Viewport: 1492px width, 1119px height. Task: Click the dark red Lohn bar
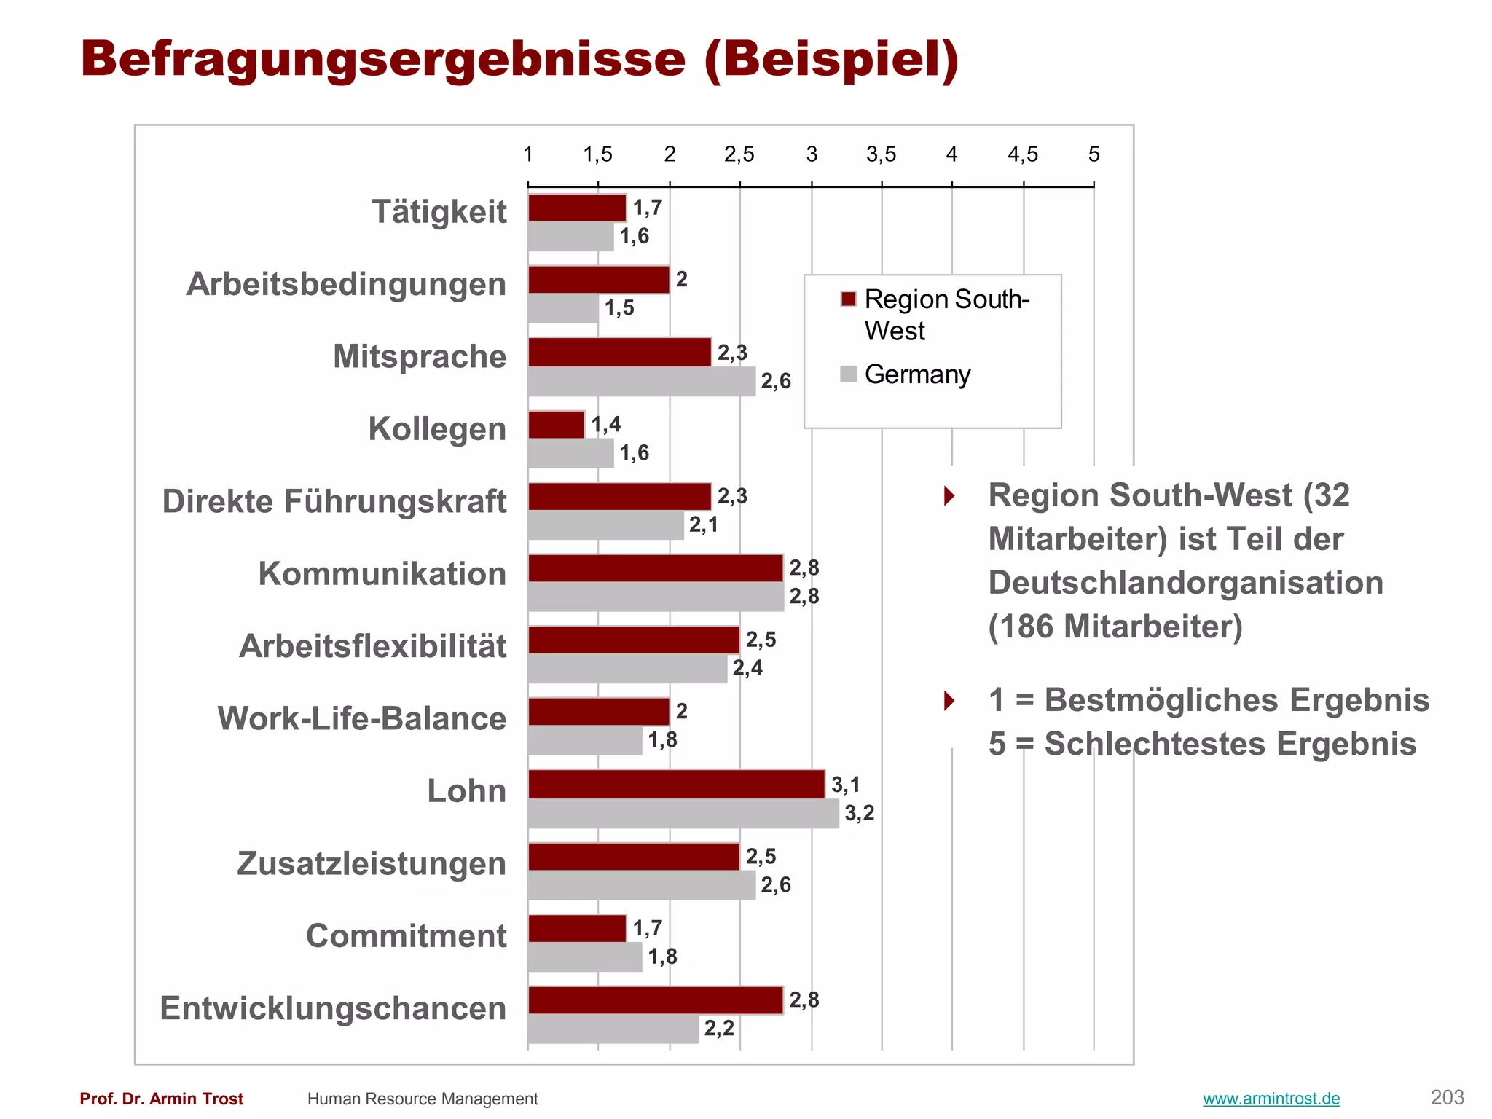pos(676,784)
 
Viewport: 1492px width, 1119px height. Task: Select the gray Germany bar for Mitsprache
pos(641,382)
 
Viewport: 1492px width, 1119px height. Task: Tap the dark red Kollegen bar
pos(556,425)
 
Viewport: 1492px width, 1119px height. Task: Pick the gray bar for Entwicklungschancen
pos(613,1029)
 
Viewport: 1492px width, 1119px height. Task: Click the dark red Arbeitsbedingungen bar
pos(598,280)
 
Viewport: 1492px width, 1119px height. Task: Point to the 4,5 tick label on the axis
pos(1023,154)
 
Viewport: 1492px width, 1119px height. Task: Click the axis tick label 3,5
pos(881,154)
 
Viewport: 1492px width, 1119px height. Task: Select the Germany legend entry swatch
pos(848,374)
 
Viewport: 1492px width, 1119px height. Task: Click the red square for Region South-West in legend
pos(848,299)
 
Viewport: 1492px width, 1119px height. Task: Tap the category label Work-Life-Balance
pos(361,718)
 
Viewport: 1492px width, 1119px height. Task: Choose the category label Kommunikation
pos(382,573)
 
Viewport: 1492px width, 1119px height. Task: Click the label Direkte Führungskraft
pos(334,501)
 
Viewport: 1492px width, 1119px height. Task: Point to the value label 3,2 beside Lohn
pos(859,812)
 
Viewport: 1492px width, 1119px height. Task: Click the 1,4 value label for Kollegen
pos(605,424)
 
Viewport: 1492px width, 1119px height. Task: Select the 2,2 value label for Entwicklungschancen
pos(718,1028)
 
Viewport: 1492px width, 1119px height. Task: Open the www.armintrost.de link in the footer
pos(1271,1099)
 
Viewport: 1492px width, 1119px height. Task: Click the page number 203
pos(1447,1097)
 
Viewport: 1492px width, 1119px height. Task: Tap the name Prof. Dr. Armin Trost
pos(162,1099)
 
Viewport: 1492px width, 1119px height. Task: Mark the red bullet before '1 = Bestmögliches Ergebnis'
pos(949,701)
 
